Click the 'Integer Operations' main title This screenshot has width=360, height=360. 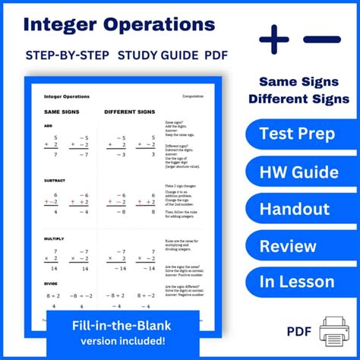(119, 24)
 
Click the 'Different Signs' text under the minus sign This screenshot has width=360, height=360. (303, 99)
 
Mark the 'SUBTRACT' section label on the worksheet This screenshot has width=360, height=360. (54, 181)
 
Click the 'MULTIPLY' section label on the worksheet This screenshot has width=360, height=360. (54, 239)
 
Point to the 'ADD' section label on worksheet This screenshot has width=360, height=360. (48, 126)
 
